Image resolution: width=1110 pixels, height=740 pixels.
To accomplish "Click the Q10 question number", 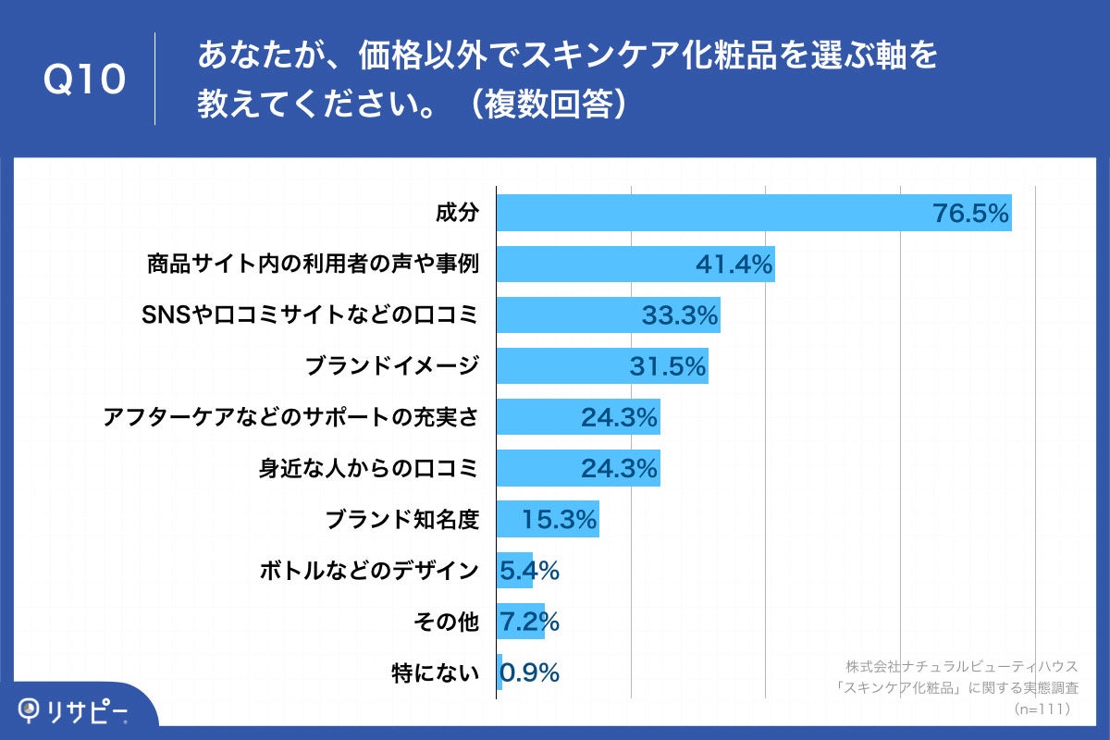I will tap(84, 80).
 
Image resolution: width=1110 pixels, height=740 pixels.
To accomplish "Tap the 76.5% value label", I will tap(968, 214).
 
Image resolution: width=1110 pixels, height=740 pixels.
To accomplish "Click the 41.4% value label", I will tap(734, 265).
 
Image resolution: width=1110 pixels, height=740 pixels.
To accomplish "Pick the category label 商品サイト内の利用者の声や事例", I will tap(312, 265).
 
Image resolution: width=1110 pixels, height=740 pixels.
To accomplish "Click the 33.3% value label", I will tap(680, 316).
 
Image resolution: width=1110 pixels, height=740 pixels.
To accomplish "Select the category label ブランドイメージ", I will tap(392, 366).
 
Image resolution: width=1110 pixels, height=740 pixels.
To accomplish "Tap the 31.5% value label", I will tap(668, 367).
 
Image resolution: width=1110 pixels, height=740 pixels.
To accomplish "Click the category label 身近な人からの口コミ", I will tap(368, 468).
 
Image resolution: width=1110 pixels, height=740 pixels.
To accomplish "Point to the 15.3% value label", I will tap(559, 521).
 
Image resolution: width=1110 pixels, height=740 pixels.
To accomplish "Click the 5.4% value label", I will tap(529, 572).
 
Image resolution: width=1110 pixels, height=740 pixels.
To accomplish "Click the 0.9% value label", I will tap(529, 673).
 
